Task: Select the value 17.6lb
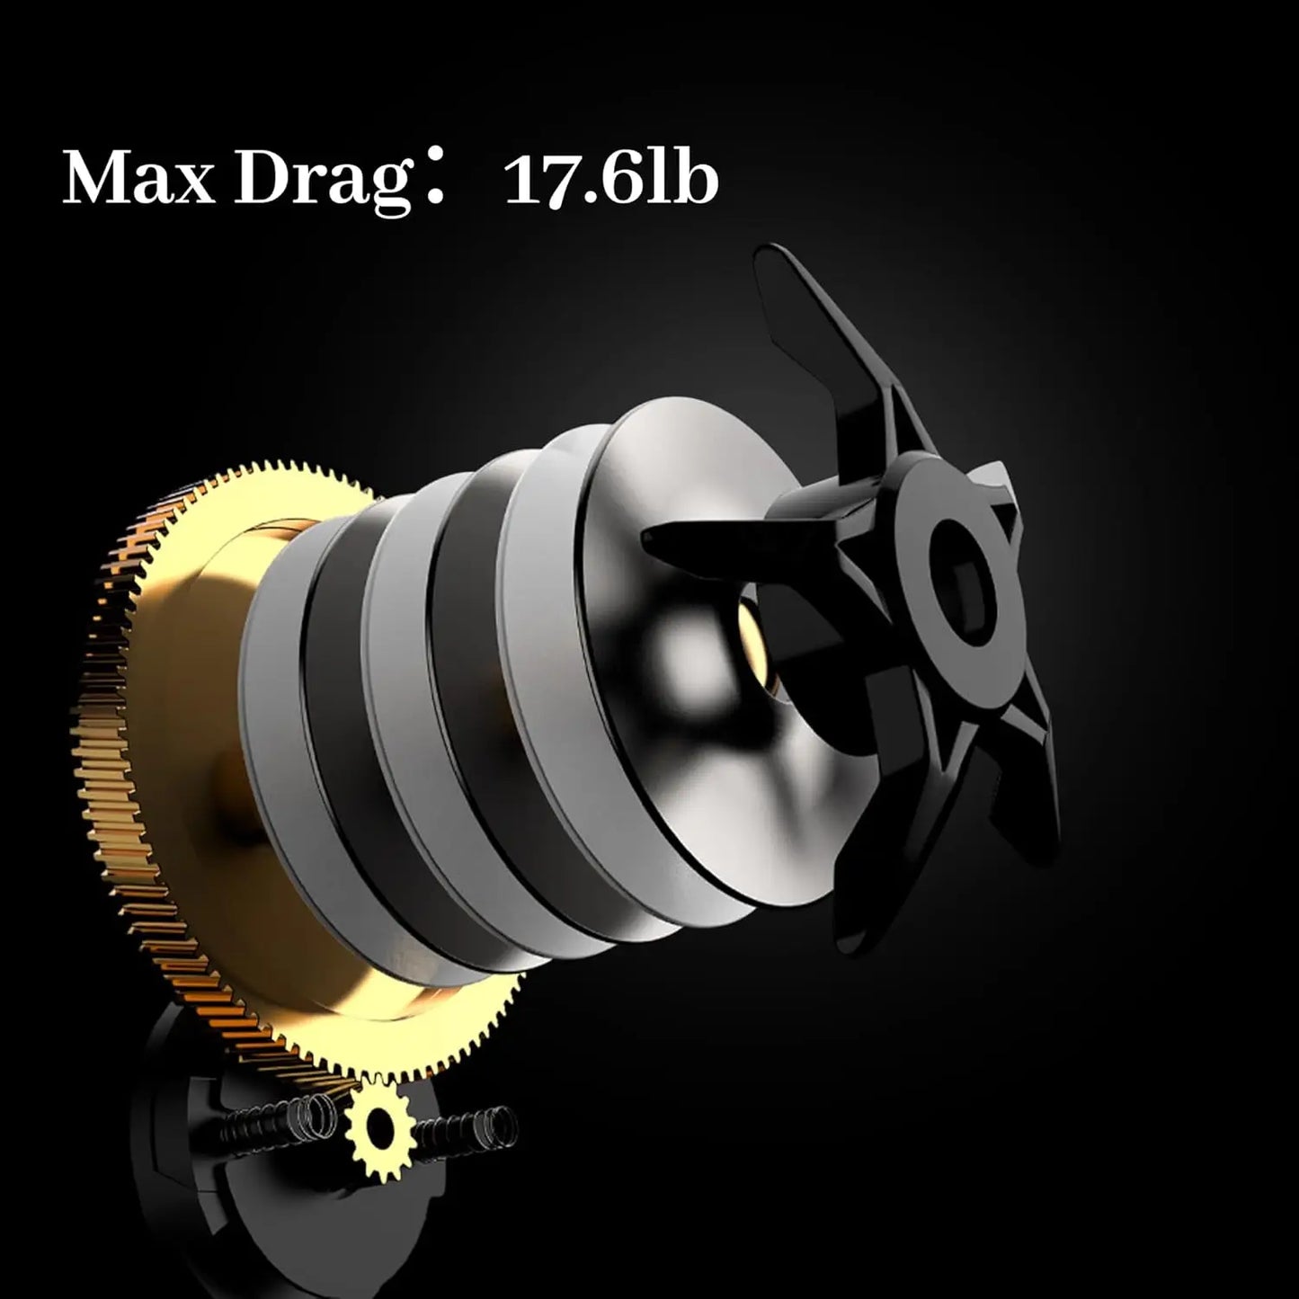[x=611, y=181]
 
